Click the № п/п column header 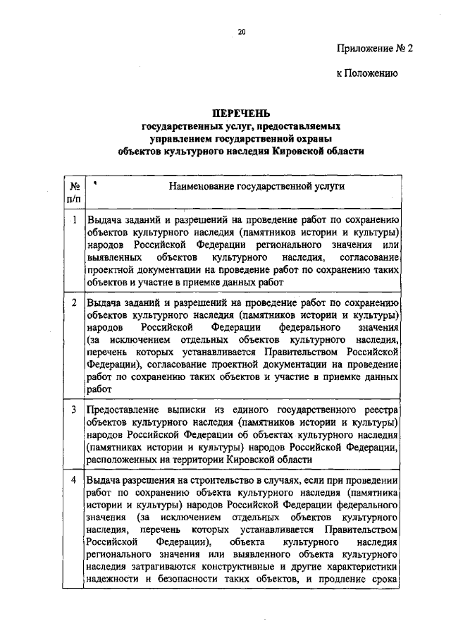(x=73, y=192)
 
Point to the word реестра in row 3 (x=381, y=410)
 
